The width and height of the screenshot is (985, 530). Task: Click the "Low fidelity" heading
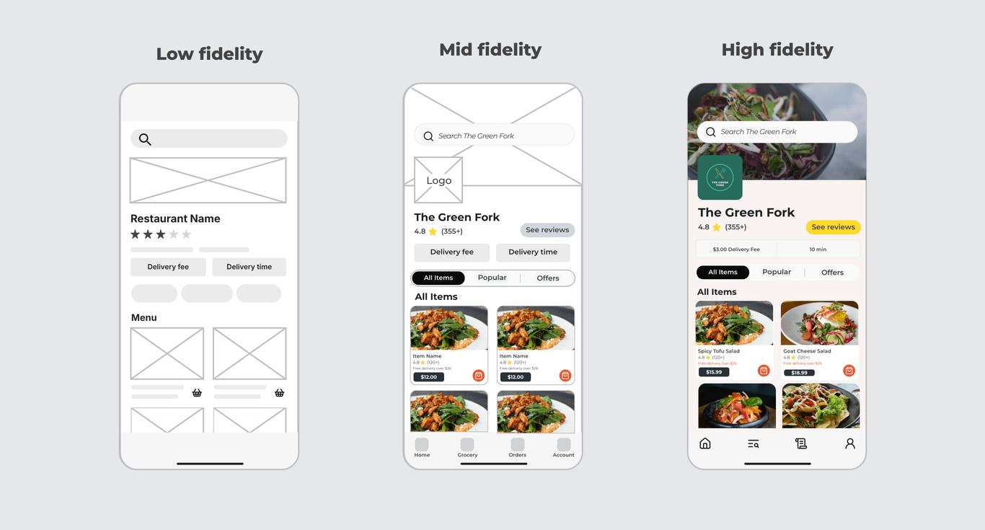coord(209,54)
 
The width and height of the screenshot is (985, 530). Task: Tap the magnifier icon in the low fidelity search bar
coord(145,139)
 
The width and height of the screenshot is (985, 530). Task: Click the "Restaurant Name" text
coord(175,218)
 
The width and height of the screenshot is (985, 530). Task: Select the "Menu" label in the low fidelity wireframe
coord(143,317)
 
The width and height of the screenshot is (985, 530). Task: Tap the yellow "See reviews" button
coord(833,227)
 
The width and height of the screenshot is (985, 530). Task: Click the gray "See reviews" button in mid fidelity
coord(547,230)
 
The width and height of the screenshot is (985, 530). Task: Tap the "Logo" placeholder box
coord(438,180)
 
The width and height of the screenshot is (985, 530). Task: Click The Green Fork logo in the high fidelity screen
coord(720,177)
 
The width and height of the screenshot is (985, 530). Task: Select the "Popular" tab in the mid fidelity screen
coord(492,278)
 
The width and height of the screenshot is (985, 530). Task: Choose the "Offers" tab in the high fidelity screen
coord(832,273)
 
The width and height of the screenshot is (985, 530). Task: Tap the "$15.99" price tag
coord(714,372)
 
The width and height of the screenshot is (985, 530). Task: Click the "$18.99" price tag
coord(799,373)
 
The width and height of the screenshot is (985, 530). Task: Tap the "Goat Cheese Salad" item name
coord(807,351)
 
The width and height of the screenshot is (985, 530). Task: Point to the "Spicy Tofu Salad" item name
coord(719,351)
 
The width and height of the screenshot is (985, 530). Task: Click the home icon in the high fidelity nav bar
coord(705,443)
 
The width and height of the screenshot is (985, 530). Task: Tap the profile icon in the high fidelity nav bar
coord(850,443)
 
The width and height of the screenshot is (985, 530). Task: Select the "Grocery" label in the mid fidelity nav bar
coord(467,455)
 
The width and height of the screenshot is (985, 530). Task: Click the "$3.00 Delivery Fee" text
coord(736,249)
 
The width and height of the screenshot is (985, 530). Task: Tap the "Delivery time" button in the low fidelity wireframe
coord(249,267)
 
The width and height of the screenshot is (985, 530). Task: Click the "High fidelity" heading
coord(777,50)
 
